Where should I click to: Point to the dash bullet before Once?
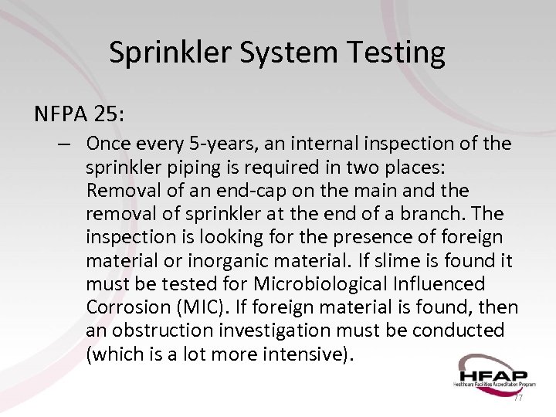coord(65,144)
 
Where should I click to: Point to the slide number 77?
coord(517,398)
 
